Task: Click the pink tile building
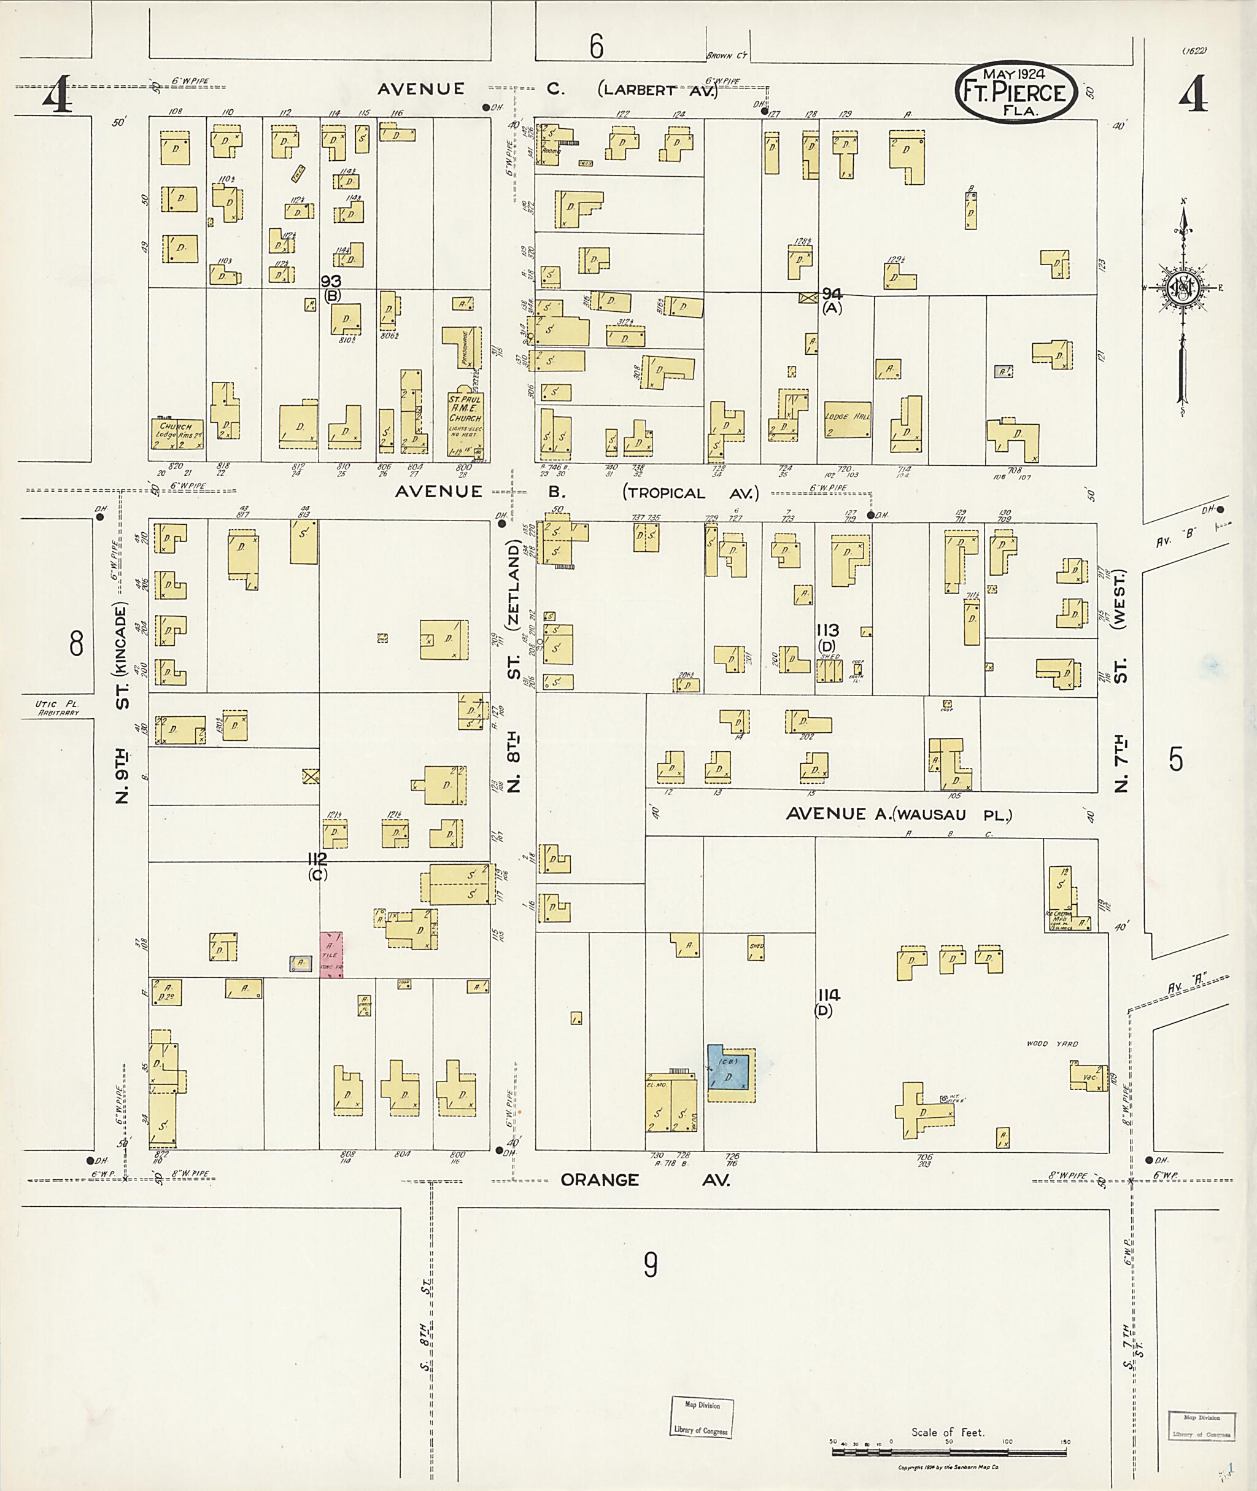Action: (x=331, y=955)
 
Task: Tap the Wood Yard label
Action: (x=1052, y=1044)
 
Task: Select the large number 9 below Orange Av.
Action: (x=650, y=1265)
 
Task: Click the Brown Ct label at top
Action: (x=725, y=56)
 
